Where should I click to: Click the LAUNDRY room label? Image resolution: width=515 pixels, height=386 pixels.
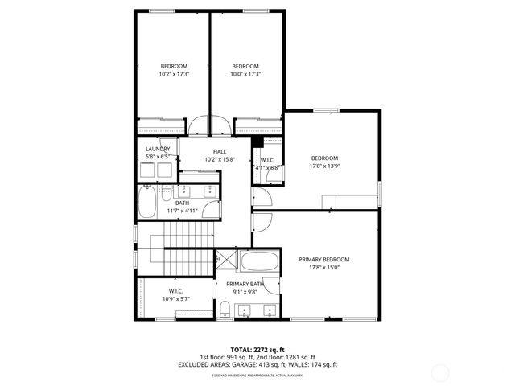(158, 149)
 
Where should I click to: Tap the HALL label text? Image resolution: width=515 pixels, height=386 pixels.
(220, 151)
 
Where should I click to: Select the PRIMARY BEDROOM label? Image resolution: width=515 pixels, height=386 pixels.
(323, 259)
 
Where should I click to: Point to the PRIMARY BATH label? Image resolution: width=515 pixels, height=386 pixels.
(245, 284)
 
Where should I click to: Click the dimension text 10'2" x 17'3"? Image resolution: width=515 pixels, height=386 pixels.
(174, 74)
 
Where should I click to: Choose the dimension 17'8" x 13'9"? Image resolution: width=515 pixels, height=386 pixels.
(324, 166)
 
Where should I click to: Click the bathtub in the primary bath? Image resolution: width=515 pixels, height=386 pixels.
(258, 262)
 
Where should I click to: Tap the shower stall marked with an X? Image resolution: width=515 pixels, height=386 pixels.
(225, 261)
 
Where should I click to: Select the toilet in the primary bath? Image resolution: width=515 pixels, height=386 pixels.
(225, 311)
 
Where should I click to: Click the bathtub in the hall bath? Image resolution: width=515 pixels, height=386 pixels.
(148, 203)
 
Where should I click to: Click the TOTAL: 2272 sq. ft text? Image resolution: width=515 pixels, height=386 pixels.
(257, 350)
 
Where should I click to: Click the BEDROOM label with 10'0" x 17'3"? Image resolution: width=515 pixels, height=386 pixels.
(245, 66)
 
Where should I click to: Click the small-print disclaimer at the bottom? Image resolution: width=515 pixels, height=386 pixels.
(257, 375)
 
